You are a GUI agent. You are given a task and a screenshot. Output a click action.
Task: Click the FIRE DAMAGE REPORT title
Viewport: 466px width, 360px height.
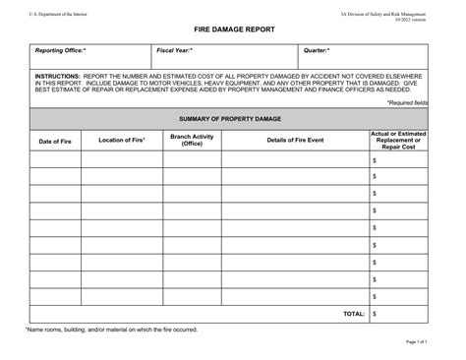coord(233,30)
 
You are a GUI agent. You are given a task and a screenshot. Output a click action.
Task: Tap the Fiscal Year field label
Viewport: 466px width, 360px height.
coord(175,49)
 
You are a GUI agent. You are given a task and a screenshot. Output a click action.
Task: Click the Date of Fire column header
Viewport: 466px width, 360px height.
coord(55,141)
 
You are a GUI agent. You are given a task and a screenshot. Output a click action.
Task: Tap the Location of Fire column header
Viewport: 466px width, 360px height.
coord(123,141)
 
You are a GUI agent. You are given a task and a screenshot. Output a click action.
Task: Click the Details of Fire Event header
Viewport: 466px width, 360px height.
coord(295,141)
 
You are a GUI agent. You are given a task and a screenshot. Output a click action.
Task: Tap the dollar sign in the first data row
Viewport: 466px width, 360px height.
coord(375,159)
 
